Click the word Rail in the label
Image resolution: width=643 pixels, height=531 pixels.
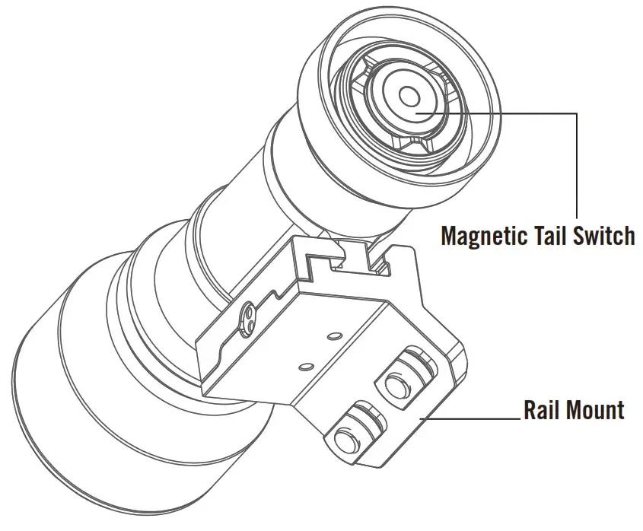[x=542, y=411]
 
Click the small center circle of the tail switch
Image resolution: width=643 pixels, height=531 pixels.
[x=409, y=97]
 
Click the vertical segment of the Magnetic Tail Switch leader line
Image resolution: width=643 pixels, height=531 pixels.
[x=577, y=164]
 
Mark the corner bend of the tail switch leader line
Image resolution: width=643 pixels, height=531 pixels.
[x=577, y=114]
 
